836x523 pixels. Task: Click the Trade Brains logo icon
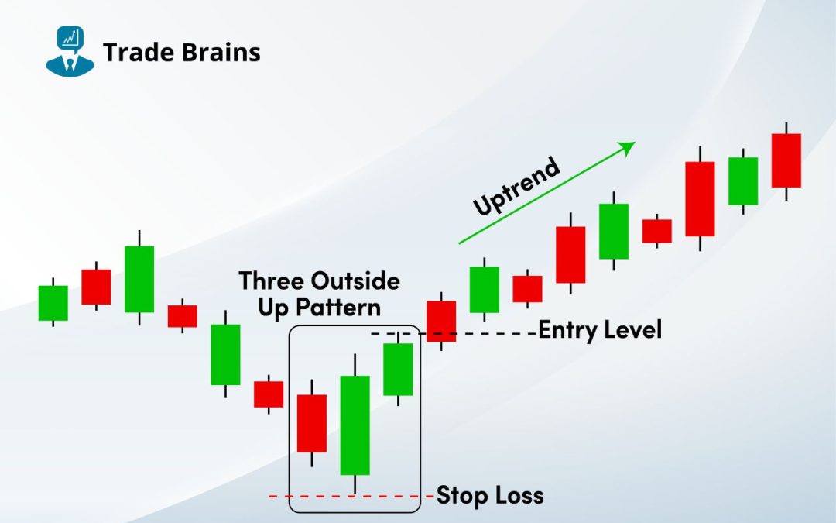pos(70,51)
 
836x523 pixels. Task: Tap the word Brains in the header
pos(221,53)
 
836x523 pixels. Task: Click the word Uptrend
pos(516,186)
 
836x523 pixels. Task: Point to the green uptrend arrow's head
pos(627,148)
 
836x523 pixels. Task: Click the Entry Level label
pos(600,330)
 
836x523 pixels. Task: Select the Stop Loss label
pos(490,495)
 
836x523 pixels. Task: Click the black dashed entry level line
pos(453,333)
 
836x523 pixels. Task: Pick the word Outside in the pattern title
pos(355,280)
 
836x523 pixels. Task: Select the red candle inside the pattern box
pos(311,423)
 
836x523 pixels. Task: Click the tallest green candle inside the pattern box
pos(355,425)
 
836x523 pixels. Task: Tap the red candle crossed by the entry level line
pos(441,322)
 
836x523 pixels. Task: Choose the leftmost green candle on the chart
pos(53,303)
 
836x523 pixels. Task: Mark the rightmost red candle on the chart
pos(786,160)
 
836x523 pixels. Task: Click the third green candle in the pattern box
pos(398,369)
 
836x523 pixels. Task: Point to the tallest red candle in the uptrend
pos(700,198)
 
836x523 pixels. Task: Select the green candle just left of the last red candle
pos(742,181)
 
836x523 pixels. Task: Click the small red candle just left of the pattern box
pos(268,394)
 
